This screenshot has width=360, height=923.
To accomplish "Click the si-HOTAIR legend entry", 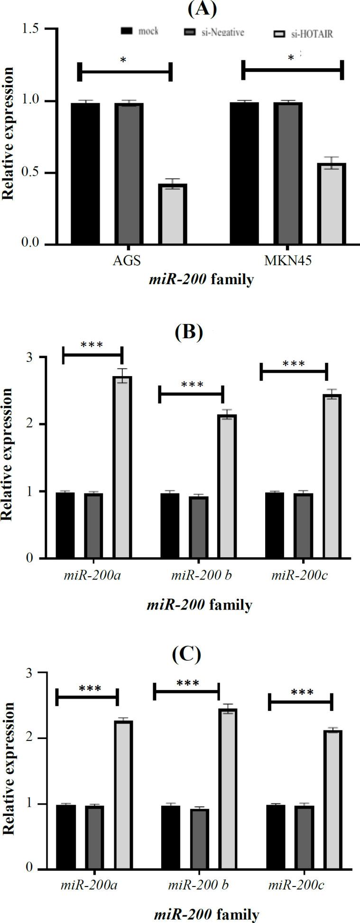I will click(x=304, y=34).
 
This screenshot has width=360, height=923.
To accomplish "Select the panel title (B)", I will click(x=188, y=332).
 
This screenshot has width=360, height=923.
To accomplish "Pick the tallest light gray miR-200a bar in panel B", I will click(x=122, y=467).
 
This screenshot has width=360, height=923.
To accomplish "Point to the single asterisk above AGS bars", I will click(x=123, y=61).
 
